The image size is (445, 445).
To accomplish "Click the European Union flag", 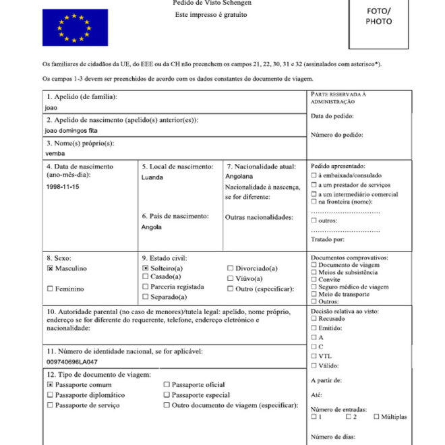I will coord(75,28).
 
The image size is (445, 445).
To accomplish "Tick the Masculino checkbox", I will coord(51,268).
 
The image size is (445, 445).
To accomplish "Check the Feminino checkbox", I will coord(51,289).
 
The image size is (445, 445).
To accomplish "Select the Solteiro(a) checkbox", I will coord(146,268).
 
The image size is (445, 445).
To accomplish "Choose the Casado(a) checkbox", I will coord(146,276).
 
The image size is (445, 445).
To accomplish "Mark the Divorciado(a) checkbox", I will coord(231,268).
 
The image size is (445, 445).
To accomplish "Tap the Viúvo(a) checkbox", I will coord(231,278).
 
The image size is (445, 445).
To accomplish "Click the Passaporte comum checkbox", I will coord(51,384).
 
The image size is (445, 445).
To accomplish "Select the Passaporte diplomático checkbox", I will coord(51,395).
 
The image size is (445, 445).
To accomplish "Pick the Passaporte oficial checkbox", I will coord(167,384).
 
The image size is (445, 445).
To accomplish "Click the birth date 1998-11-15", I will coord(63,187).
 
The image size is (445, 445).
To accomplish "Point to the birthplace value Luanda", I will coord(152,177).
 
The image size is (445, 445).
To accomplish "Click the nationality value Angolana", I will coord(239,177).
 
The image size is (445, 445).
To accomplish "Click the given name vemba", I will coord(55,153).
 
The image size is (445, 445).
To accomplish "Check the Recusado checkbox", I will coord(314,318).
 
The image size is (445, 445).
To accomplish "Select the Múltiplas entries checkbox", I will coord(376,417).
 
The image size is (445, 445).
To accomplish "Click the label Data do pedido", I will coord(332,116).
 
